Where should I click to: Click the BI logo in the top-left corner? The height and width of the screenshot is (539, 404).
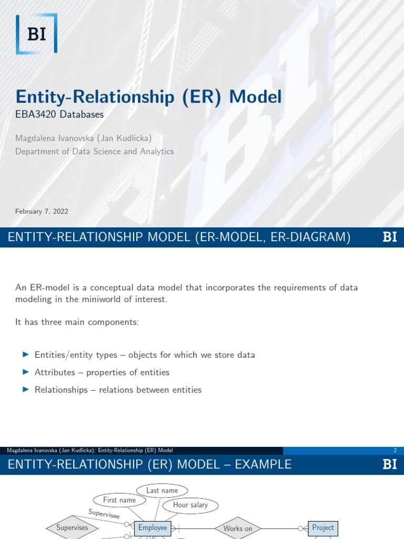coord(36,34)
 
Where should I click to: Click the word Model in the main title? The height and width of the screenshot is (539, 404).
coord(256,97)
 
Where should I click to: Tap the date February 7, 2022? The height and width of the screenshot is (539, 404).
coord(42,212)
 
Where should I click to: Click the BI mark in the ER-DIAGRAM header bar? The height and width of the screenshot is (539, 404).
coord(390,237)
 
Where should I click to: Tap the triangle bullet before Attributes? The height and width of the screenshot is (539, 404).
coord(25,372)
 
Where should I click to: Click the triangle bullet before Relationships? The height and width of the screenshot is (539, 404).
coord(25,390)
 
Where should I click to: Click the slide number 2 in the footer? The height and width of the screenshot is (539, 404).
coord(395,451)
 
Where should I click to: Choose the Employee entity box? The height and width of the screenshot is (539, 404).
coord(153,528)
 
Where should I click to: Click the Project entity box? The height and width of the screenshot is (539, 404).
coord(323,527)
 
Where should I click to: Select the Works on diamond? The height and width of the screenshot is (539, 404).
coord(238,528)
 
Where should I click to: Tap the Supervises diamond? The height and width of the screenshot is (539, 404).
coord(73,527)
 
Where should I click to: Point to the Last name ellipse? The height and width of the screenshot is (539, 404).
coord(162,491)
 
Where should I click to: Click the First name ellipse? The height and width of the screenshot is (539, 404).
coord(119,500)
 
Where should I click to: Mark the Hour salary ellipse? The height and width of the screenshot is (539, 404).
coord(190,505)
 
